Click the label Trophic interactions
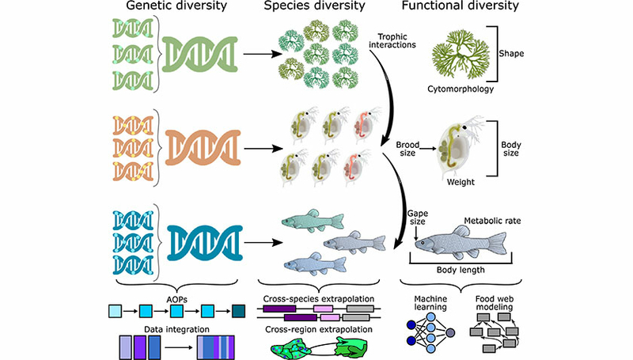(392, 40)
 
